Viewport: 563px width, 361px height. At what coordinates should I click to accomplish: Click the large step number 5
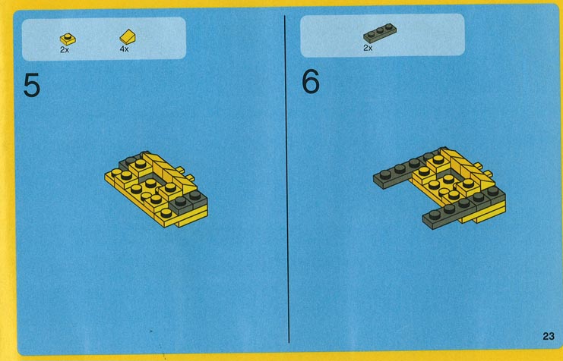pyautogui.click(x=32, y=86)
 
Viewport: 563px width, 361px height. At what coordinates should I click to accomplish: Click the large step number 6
pyautogui.click(x=310, y=81)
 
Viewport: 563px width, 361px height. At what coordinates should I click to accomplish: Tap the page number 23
pyautogui.click(x=549, y=336)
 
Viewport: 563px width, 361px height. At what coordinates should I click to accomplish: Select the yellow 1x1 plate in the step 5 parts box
pyautogui.click(x=68, y=39)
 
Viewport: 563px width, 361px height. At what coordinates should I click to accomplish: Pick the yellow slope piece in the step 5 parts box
pyautogui.click(x=128, y=37)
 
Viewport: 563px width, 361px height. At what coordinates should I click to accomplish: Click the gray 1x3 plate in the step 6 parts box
pyautogui.click(x=380, y=33)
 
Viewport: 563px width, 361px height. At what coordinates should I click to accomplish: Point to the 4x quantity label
pyautogui.click(x=125, y=49)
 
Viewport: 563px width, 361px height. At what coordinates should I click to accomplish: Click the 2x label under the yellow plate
pyautogui.click(x=65, y=50)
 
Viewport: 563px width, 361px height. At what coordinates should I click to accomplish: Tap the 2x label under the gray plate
pyautogui.click(x=368, y=48)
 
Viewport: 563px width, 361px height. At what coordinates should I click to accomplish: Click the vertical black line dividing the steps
pyautogui.click(x=287, y=179)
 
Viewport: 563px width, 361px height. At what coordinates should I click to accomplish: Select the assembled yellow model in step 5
pyautogui.click(x=157, y=189)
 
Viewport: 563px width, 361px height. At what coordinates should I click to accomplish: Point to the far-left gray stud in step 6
pyautogui.click(x=385, y=174)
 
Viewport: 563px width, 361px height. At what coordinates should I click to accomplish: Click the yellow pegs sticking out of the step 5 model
pyautogui.click(x=186, y=174)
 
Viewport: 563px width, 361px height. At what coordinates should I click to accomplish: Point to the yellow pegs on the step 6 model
pyautogui.click(x=483, y=170)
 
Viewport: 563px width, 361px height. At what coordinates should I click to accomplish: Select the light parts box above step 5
pyautogui.click(x=104, y=38)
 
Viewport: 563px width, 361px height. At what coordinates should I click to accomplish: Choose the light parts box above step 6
pyautogui.click(x=382, y=35)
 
